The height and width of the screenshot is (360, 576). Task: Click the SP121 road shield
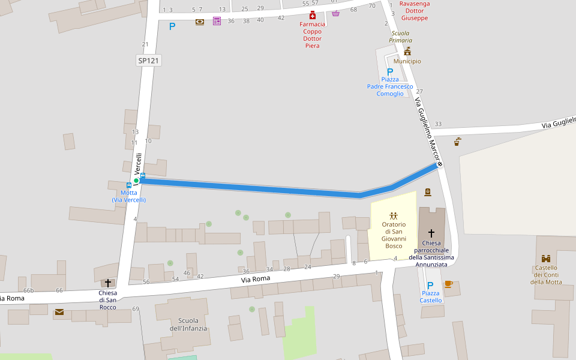149,61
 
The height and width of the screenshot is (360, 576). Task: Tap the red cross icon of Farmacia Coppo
312,15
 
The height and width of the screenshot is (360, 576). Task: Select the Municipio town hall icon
407,51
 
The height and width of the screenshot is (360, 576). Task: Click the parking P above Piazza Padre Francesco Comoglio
390,71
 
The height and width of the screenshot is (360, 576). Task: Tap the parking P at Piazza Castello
430,285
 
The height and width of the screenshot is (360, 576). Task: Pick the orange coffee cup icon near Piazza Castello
448,284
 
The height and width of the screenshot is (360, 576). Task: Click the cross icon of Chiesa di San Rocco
108,283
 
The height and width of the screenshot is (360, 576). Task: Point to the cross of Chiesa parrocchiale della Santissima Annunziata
431,233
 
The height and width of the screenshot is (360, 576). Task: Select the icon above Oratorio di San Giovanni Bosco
393,215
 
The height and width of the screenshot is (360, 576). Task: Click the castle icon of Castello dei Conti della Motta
546,258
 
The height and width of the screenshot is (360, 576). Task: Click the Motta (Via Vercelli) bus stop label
128,196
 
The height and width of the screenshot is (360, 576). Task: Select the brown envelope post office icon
59,312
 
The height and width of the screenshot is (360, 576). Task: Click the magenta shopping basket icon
335,13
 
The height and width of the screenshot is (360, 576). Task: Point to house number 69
136,308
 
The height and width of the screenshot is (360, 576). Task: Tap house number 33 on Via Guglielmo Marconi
438,124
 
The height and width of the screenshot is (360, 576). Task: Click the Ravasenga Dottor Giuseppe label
414,11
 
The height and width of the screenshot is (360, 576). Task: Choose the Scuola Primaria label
401,37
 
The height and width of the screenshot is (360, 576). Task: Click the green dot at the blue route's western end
136,181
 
